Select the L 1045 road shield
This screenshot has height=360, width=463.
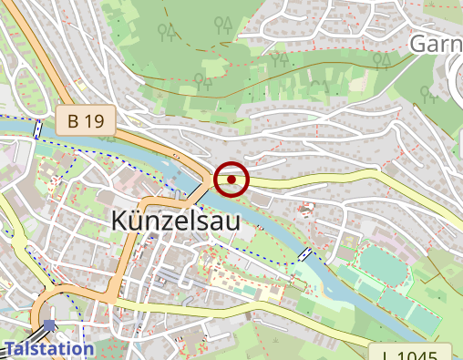[x=411, y=355]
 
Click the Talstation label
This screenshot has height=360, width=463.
[x=49, y=348]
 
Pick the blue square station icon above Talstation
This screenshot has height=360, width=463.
[x=48, y=325]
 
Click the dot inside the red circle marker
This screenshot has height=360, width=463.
[x=232, y=180]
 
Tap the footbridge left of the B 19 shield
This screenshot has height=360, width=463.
[x=37, y=129]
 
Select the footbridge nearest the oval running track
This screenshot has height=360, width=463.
[x=305, y=254]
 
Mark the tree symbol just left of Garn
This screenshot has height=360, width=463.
[x=383, y=60]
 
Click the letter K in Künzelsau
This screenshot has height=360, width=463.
[x=120, y=221]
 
